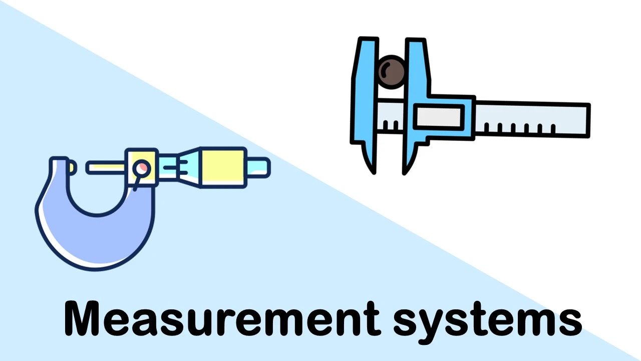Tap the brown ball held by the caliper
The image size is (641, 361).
392,72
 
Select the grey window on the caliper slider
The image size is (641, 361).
439,117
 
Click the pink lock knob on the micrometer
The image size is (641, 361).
142,168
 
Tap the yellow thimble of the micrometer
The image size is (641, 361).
223,167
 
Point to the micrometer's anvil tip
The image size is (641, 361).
72,167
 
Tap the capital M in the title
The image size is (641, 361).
83,318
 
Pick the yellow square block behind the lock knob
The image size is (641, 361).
142,167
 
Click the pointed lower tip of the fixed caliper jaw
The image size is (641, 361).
374,172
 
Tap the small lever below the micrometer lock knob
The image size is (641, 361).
137,184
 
